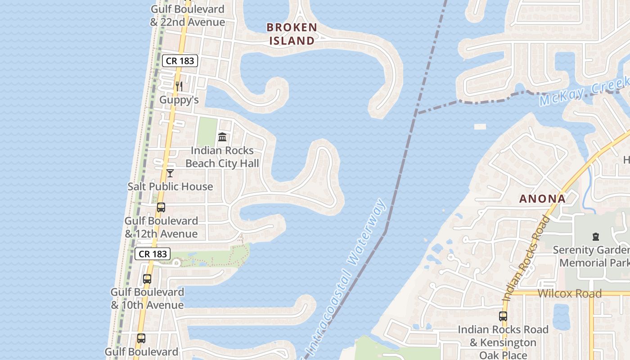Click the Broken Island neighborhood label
click(x=292, y=34)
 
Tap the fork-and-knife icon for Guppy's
click(x=179, y=86)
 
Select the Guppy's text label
click(x=179, y=100)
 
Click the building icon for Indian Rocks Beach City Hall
click(x=222, y=137)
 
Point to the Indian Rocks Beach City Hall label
click(x=222, y=157)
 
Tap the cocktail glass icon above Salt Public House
click(x=170, y=173)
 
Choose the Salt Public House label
click(x=170, y=186)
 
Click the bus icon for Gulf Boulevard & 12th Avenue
click(x=161, y=207)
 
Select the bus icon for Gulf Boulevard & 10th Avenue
click(x=147, y=279)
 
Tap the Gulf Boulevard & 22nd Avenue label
click(x=188, y=16)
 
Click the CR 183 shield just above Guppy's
click(x=180, y=61)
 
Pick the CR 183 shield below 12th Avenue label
click(x=153, y=254)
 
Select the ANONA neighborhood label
click(x=542, y=198)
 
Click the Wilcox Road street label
click(x=569, y=293)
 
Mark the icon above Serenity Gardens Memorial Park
click(x=596, y=236)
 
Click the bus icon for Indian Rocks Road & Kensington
click(x=503, y=316)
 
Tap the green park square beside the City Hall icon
click(x=207, y=131)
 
